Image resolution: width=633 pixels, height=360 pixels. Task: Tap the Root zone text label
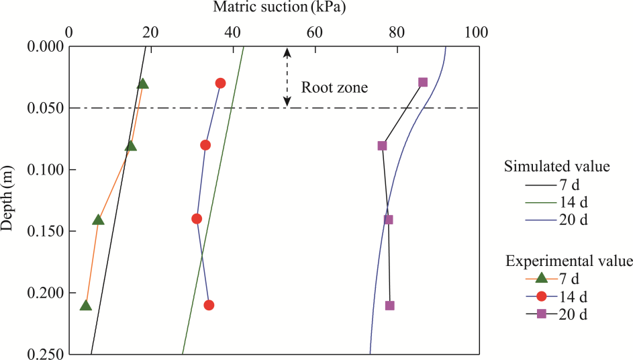coord(334,87)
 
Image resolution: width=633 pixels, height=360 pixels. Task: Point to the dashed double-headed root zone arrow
coord(287,77)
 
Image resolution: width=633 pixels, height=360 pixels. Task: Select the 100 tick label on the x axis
coord(477,32)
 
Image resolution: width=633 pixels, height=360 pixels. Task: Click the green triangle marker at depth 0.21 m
coord(85,305)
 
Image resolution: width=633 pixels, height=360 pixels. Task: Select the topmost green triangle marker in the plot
coord(142,83)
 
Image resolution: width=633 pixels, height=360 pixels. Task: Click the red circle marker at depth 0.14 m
coord(197,218)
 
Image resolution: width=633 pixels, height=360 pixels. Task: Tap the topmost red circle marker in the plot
coord(220,83)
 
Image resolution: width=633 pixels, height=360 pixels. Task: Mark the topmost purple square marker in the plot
coord(423,82)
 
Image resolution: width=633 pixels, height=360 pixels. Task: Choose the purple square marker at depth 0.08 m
coord(382,145)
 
